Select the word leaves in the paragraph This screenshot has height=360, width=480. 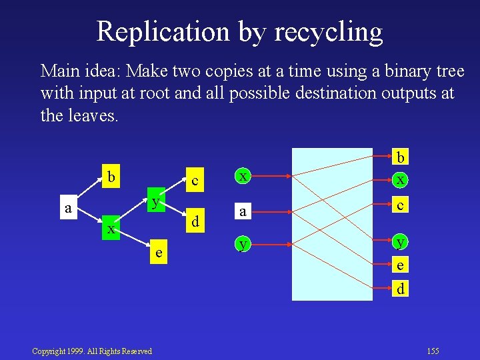pyautogui.click(x=92, y=115)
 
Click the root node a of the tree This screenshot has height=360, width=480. pyautogui.click(x=68, y=208)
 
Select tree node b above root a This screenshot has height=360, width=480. pyautogui.click(x=112, y=178)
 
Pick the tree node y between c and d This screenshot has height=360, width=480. pyautogui.click(x=155, y=201)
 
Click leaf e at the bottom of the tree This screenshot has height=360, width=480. pyautogui.click(x=158, y=253)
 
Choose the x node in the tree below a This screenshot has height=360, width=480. pyautogui.click(x=111, y=229)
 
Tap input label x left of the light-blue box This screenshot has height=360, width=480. pyautogui.click(x=245, y=176)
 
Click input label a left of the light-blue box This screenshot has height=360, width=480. pyautogui.click(x=245, y=211)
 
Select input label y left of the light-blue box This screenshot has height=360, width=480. pyautogui.click(x=245, y=245)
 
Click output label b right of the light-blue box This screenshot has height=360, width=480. pyautogui.click(x=401, y=157)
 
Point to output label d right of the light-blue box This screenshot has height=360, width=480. pyautogui.click(x=401, y=289)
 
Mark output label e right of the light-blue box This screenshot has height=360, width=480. pyautogui.click(x=401, y=265)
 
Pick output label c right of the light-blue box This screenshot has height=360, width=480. pyautogui.click(x=401, y=206)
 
